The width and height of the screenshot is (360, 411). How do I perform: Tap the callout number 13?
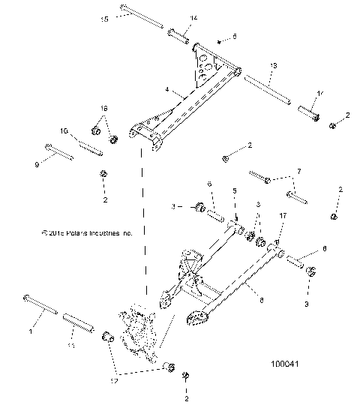pyautogui.click(x=273, y=67)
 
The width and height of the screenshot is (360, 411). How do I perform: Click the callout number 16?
pyautogui.click(x=104, y=109)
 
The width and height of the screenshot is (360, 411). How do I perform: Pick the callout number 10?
pyautogui.click(x=64, y=131)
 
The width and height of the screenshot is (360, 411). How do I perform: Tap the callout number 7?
pyautogui.click(x=298, y=172)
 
